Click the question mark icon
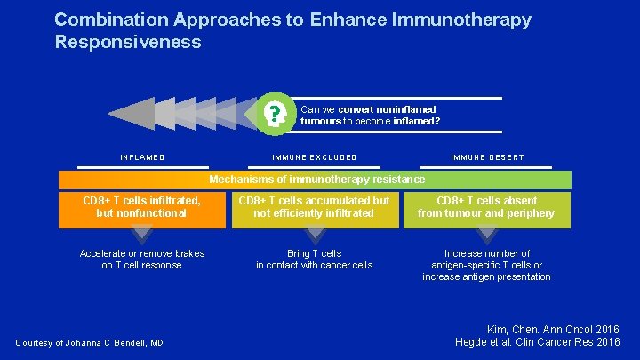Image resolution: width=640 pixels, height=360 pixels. click(277, 115)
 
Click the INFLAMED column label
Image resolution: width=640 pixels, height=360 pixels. click(142, 157)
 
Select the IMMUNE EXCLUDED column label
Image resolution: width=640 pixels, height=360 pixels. click(315, 157)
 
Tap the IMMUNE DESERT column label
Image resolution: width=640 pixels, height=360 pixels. click(487, 157)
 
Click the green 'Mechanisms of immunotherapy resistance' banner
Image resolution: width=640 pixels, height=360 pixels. click(316, 180)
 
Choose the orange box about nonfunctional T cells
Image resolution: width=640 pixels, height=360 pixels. click(142, 207)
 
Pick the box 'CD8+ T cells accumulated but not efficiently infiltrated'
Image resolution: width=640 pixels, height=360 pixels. click(315, 207)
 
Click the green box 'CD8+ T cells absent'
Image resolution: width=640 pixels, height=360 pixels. click(486, 207)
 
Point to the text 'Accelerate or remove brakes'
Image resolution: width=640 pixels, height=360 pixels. click(142, 253)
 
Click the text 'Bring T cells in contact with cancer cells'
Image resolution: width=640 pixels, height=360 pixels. click(315, 260)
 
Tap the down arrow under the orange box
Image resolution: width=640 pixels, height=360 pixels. click(142, 236)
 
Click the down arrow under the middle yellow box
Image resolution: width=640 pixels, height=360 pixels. click(315, 236)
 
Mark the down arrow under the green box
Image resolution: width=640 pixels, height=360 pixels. click(486, 236)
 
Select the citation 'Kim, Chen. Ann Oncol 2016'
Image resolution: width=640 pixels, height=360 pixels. click(552, 330)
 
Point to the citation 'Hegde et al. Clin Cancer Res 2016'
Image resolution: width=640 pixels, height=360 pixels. click(537, 343)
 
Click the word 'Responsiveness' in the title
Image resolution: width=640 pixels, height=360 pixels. click(128, 42)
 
